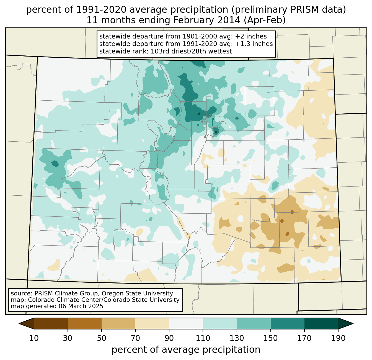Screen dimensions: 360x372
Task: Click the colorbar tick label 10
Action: (x=34, y=338)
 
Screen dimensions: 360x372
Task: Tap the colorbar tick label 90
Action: (x=169, y=338)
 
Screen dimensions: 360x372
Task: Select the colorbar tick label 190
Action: (x=338, y=338)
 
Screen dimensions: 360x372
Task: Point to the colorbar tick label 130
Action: (x=237, y=338)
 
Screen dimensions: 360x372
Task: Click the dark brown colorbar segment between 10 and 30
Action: (x=51, y=323)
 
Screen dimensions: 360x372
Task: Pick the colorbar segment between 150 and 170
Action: (x=287, y=323)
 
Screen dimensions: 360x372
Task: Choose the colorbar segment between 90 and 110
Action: (x=186, y=323)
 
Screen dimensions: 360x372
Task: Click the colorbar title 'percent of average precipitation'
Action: (x=186, y=350)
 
